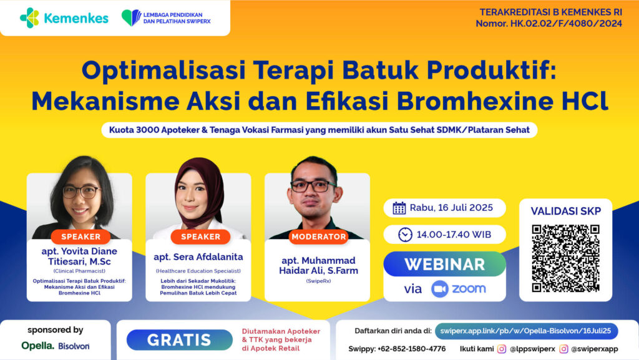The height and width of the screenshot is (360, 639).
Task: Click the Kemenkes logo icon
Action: [x=29, y=18]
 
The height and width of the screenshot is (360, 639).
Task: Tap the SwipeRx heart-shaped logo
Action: [x=131, y=18]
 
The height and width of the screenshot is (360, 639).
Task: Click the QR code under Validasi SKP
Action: [x=565, y=258]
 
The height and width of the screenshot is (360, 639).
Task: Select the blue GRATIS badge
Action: [x=179, y=340]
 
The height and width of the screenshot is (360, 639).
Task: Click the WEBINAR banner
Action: [x=444, y=264]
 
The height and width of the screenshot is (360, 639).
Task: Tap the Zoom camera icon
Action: [x=440, y=289]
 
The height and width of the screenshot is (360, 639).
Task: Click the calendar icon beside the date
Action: [x=399, y=208]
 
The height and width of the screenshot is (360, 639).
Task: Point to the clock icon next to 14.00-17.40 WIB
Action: [x=405, y=235]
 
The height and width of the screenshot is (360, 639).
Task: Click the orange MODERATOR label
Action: [x=319, y=236]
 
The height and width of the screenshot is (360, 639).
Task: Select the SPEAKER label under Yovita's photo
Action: [x=80, y=236]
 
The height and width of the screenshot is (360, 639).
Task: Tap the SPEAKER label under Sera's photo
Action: [x=200, y=236]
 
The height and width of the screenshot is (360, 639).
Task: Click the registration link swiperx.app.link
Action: [x=526, y=331]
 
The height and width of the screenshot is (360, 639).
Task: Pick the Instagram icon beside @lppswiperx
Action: [x=502, y=349]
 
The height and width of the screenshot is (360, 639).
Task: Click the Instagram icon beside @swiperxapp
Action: [x=563, y=349]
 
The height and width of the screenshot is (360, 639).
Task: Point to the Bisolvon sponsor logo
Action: [x=74, y=346]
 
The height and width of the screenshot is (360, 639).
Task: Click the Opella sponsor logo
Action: [x=37, y=346]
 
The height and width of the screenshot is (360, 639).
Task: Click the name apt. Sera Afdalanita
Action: [x=198, y=257]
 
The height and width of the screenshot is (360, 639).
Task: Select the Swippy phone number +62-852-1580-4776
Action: [x=412, y=349]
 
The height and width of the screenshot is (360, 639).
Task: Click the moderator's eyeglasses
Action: [x=313, y=187]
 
